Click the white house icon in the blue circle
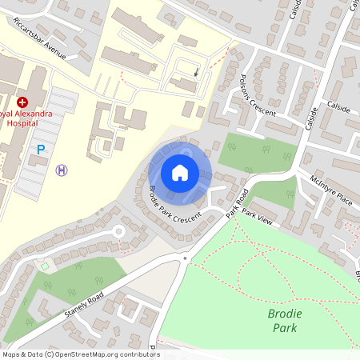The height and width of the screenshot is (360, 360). tap(180, 172)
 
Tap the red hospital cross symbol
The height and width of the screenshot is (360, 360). tap(22, 102)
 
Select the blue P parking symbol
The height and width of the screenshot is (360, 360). tap(40, 149)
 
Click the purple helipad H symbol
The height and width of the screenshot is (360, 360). tap(62, 170)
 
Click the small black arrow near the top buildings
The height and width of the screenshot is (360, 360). tap(197, 72)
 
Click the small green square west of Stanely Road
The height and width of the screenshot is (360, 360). tap(45, 266)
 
